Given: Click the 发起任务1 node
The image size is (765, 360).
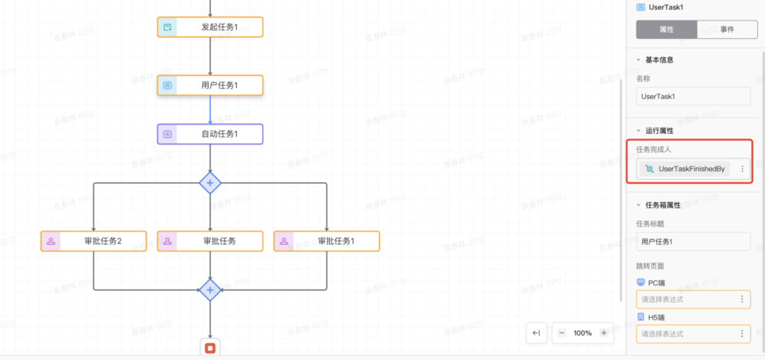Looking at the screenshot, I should pos(210,27).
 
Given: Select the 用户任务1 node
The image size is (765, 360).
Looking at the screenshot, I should pos(210,86).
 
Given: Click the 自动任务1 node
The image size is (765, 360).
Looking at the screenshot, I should pos(210,134).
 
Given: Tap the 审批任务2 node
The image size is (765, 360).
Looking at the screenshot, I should pos(93,241).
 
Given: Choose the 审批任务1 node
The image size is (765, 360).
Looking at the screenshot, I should pos(327,241).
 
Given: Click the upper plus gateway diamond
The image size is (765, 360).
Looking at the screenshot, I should pos(210,183).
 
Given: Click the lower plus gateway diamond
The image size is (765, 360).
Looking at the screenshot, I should pos(210,289).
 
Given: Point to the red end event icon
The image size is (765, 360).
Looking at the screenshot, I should pos(210,348).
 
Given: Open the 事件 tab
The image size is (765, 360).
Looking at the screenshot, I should pos(727,30).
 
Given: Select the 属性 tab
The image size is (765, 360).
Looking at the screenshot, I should pos(667,30).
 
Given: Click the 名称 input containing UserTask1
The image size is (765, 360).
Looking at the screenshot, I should pos(693,96).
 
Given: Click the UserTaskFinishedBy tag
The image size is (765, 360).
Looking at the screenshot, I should pos(685,169).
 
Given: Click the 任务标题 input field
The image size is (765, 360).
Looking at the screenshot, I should pos(693,242).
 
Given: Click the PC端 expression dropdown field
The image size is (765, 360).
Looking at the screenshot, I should pos(687,299).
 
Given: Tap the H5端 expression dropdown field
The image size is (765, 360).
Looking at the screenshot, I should pos(687,334).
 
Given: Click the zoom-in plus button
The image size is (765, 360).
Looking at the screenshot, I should pos(603,333).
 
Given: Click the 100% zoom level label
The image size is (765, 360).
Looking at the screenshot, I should pos(582,333).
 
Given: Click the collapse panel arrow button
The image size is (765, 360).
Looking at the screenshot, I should pos(536,333).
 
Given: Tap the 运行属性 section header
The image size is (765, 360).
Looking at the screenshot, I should pos(659,130).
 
